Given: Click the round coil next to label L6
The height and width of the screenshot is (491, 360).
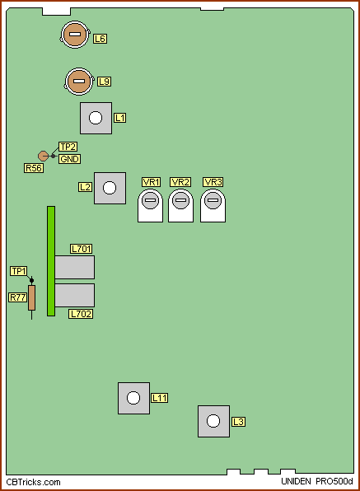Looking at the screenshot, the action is (75, 35).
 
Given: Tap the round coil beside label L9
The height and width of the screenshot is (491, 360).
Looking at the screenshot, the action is (79, 82).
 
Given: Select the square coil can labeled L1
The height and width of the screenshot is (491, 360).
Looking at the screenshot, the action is (96, 118).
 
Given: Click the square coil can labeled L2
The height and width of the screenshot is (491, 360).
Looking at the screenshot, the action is (110, 188).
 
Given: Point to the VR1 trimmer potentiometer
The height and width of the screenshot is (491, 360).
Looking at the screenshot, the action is (150, 205).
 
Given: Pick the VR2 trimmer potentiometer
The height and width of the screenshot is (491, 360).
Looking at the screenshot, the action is (180, 205).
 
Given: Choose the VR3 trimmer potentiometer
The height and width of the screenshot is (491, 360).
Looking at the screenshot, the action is (213, 205).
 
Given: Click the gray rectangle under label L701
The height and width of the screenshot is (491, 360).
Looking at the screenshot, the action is (75, 267).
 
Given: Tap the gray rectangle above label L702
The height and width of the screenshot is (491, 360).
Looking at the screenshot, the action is (75, 295).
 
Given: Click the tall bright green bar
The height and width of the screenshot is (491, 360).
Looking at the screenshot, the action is (51, 261).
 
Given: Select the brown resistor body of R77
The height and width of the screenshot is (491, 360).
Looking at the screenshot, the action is (31, 297).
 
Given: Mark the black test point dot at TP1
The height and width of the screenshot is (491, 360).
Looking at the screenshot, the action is (31, 280).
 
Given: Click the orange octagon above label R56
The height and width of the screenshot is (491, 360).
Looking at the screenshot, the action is (43, 156).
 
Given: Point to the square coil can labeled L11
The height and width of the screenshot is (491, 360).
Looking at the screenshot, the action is (133, 398).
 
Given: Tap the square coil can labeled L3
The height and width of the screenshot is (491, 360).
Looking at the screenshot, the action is (213, 421).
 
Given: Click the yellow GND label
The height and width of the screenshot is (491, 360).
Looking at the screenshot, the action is (69, 159).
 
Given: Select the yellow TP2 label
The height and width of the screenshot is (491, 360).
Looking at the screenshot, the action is (68, 147).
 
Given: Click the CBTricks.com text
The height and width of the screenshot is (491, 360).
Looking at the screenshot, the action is (33, 482).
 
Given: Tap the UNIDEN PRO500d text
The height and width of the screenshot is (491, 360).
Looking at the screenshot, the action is (317, 481).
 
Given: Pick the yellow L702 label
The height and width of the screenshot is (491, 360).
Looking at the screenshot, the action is (81, 314).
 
